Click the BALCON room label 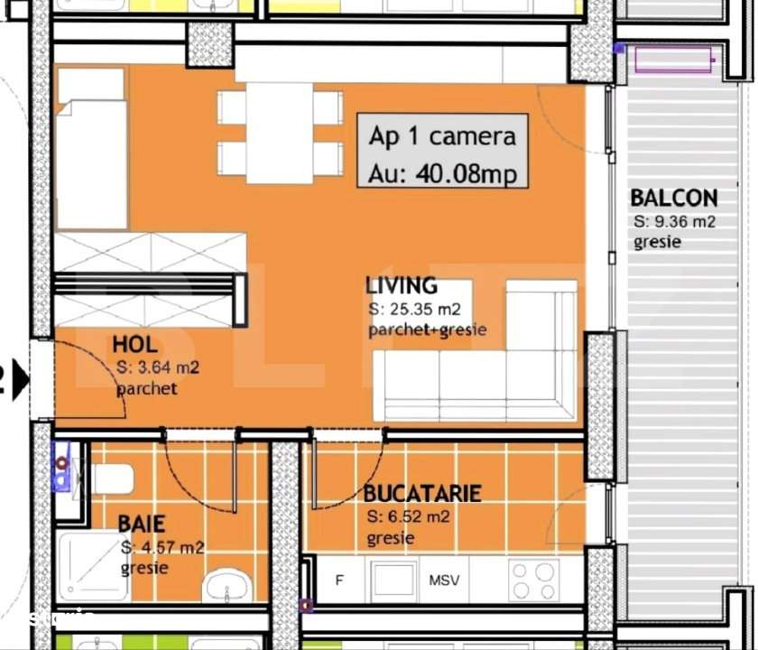pyautogui.click(x=673, y=198)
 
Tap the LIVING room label pyautogui.click(x=401, y=286)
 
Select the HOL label pyautogui.click(x=134, y=344)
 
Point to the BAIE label pyautogui.click(x=141, y=524)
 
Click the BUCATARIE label pyautogui.click(x=421, y=494)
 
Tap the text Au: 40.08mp pyautogui.click(x=442, y=172)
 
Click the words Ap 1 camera pyautogui.click(x=442, y=136)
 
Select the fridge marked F pyautogui.click(x=339, y=580)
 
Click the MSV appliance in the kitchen pyautogui.click(x=444, y=580)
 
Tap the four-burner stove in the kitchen pyautogui.click(x=533, y=580)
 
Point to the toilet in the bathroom pyautogui.click(x=108, y=478)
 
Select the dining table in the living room pyautogui.click(x=280, y=133)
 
